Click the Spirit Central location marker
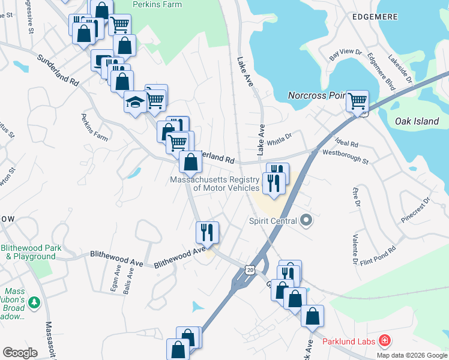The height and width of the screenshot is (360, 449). (x=306, y=220)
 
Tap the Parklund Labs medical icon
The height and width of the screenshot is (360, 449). (x=383, y=342)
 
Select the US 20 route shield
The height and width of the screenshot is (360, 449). (x=250, y=270)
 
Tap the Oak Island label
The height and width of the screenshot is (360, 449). (x=417, y=121)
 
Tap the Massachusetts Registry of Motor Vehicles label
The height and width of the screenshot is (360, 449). (x=215, y=184)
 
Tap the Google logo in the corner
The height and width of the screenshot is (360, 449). (x=19, y=352)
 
